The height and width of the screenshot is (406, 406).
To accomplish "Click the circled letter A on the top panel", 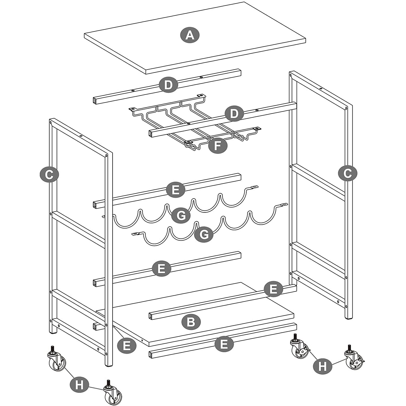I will [190, 35].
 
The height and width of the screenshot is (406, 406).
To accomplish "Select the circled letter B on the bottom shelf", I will [191, 322].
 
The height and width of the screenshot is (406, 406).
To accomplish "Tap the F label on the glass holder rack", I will [218, 146].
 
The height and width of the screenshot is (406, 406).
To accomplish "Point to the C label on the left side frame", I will [49, 174].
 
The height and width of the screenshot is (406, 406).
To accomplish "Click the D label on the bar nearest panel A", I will [168, 85].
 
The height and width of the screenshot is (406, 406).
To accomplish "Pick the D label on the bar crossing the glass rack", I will [234, 114].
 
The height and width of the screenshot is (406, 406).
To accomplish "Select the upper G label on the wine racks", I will [181, 216].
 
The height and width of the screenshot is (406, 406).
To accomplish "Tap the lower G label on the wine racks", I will [204, 234].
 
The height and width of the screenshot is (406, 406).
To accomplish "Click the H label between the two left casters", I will [79, 385].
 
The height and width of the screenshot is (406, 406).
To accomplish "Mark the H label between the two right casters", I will [322, 366].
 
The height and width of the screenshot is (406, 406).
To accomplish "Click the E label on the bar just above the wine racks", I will [175, 190].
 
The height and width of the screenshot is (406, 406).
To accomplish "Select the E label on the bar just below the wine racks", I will [161, 269].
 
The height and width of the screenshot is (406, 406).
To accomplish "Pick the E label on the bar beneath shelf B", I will [224, 344].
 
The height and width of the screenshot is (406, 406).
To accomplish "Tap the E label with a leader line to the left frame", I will [126, 345].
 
